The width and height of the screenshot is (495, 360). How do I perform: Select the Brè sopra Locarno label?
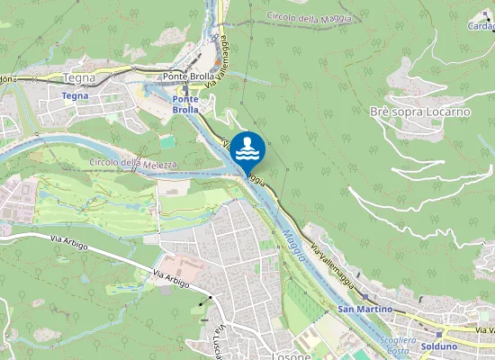(420, 112)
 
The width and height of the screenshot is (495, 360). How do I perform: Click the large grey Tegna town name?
(78, 78)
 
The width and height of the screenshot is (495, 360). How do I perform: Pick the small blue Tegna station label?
(75, 94)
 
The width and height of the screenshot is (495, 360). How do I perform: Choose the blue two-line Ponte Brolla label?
(185, 103)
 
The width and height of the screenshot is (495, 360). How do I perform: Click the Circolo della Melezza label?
(128, 163)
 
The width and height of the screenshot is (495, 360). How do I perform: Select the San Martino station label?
(365, 310)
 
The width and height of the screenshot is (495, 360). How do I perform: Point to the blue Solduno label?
(439, 346)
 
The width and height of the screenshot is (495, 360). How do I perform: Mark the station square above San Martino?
(364, 296)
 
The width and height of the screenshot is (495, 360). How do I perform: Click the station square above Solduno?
(439, 335)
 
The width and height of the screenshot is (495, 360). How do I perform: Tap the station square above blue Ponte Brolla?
(185, 89)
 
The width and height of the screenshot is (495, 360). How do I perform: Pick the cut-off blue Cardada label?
(481, 26)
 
